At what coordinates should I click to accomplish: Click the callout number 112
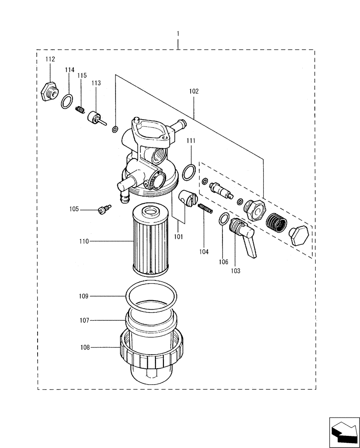click(x=50, y=59)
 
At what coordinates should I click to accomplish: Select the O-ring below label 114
click(x=67, y=102)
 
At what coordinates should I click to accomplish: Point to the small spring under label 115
click(x=81, y=109)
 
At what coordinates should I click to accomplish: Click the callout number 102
click(x=194, y=91)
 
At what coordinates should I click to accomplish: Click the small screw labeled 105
click(x=103, y=209)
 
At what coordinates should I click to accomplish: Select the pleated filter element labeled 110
click(x=152, y=240)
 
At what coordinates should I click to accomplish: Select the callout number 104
click(x=204, y=252)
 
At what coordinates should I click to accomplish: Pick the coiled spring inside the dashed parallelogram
click(x=275, y=222)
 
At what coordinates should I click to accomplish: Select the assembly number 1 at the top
click(x=178, y=34)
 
